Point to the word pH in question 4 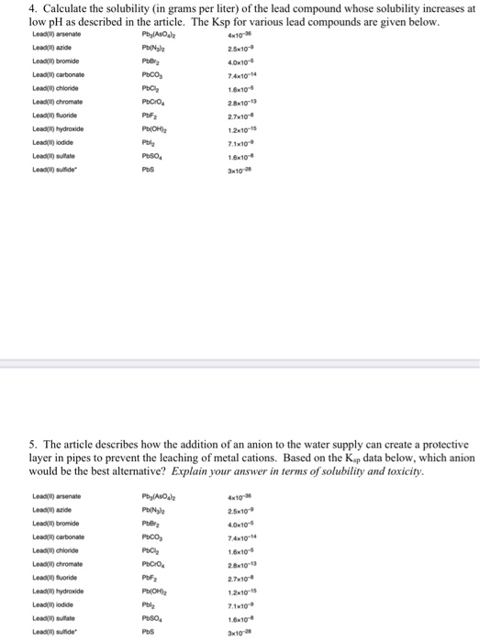click(27, 21)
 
